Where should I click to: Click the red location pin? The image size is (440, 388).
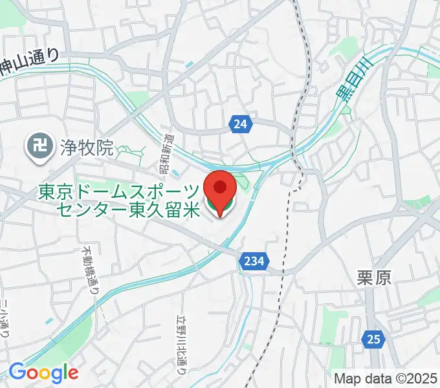click(220, 191)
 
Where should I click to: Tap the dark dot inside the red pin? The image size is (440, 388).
click(220, 187)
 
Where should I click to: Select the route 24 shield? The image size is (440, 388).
click(240, 125)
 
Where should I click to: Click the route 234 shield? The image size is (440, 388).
click(254, 261)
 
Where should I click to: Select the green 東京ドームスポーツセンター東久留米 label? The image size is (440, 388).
click(120, 200)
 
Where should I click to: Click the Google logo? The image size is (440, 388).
click(43, 372)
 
